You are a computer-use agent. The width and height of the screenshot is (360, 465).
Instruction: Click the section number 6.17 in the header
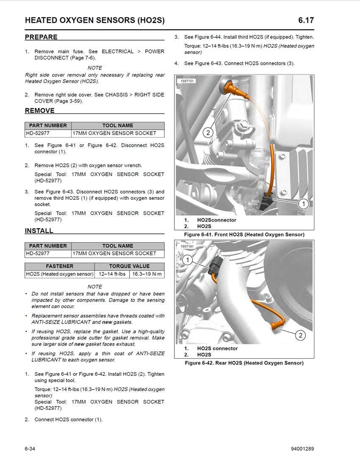[306, 20]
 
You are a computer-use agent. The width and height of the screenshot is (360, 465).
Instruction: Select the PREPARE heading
[41, 37]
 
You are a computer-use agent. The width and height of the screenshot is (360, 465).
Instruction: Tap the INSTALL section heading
[39, 231]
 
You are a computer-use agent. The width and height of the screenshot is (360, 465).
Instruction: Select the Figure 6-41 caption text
[244, 235]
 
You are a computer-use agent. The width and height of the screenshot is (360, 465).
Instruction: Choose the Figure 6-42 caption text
[244, 363]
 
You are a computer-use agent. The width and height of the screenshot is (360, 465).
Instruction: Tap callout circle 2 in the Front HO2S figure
[208, 133]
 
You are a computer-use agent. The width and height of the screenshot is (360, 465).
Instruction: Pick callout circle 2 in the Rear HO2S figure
[300, 335]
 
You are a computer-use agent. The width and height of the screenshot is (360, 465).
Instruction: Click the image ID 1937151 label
[188, 80]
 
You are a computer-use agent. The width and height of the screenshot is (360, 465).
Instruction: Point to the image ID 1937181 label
[188, 246]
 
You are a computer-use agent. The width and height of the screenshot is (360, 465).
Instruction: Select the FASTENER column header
[59, 266]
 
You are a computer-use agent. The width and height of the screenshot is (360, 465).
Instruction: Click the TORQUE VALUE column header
[129, 266]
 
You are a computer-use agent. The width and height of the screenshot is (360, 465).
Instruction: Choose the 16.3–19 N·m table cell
[147, 274]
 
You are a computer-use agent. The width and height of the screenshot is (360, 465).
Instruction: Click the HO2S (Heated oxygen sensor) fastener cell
[59, 274]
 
